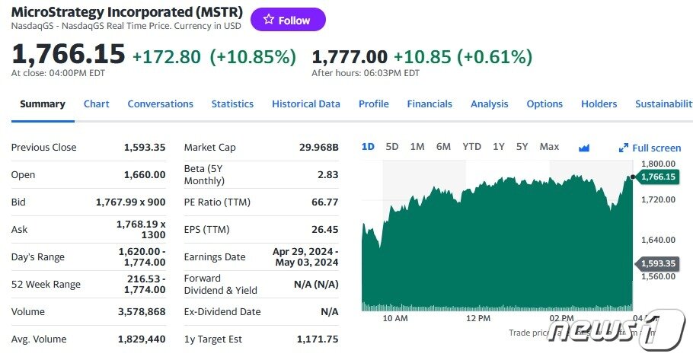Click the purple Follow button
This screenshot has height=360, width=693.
pos(288,20)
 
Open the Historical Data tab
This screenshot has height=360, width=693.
pos(305,104)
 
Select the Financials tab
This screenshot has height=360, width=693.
pos(430,104)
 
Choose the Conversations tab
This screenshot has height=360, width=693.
pos(160,104)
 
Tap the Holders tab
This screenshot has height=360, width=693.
pos(599,104)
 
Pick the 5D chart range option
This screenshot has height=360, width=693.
pos(392,146)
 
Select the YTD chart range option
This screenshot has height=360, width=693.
pos(471,146)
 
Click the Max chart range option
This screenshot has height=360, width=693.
pos(548,146)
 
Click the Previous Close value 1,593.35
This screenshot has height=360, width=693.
pos(144,147)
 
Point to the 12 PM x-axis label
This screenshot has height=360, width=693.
pos(477,317)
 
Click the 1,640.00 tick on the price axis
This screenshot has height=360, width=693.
pos(659,240)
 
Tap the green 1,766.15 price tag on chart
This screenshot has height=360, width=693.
pos(658,177)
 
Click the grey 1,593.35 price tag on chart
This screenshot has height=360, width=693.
pos(658,264)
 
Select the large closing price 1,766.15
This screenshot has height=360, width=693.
pos(68,54)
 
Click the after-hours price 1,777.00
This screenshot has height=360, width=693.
pos(350,56)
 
